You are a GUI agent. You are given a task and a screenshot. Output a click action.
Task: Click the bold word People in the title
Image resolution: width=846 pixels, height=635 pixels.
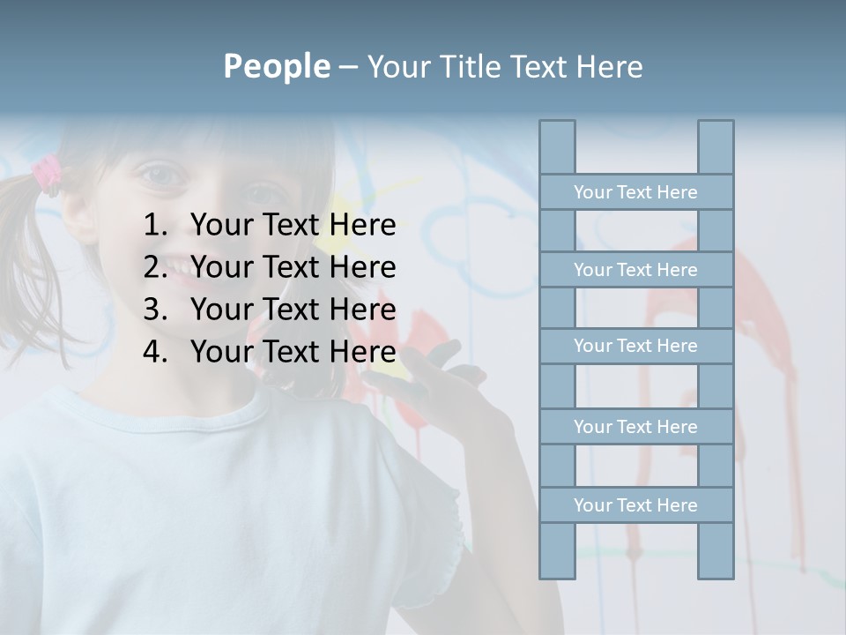point(276,66)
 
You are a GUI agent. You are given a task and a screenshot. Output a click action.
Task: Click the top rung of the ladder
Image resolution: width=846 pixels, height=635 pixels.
point(635,191)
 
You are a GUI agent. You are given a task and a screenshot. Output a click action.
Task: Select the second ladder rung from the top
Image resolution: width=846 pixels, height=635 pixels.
point(635,269)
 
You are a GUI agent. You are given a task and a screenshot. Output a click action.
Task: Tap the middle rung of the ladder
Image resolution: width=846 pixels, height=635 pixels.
point(635,346)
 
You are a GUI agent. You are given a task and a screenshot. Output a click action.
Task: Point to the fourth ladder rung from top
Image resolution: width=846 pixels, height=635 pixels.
point(635,426)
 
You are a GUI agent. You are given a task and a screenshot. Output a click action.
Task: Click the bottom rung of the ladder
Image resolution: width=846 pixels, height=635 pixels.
point(635,504)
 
